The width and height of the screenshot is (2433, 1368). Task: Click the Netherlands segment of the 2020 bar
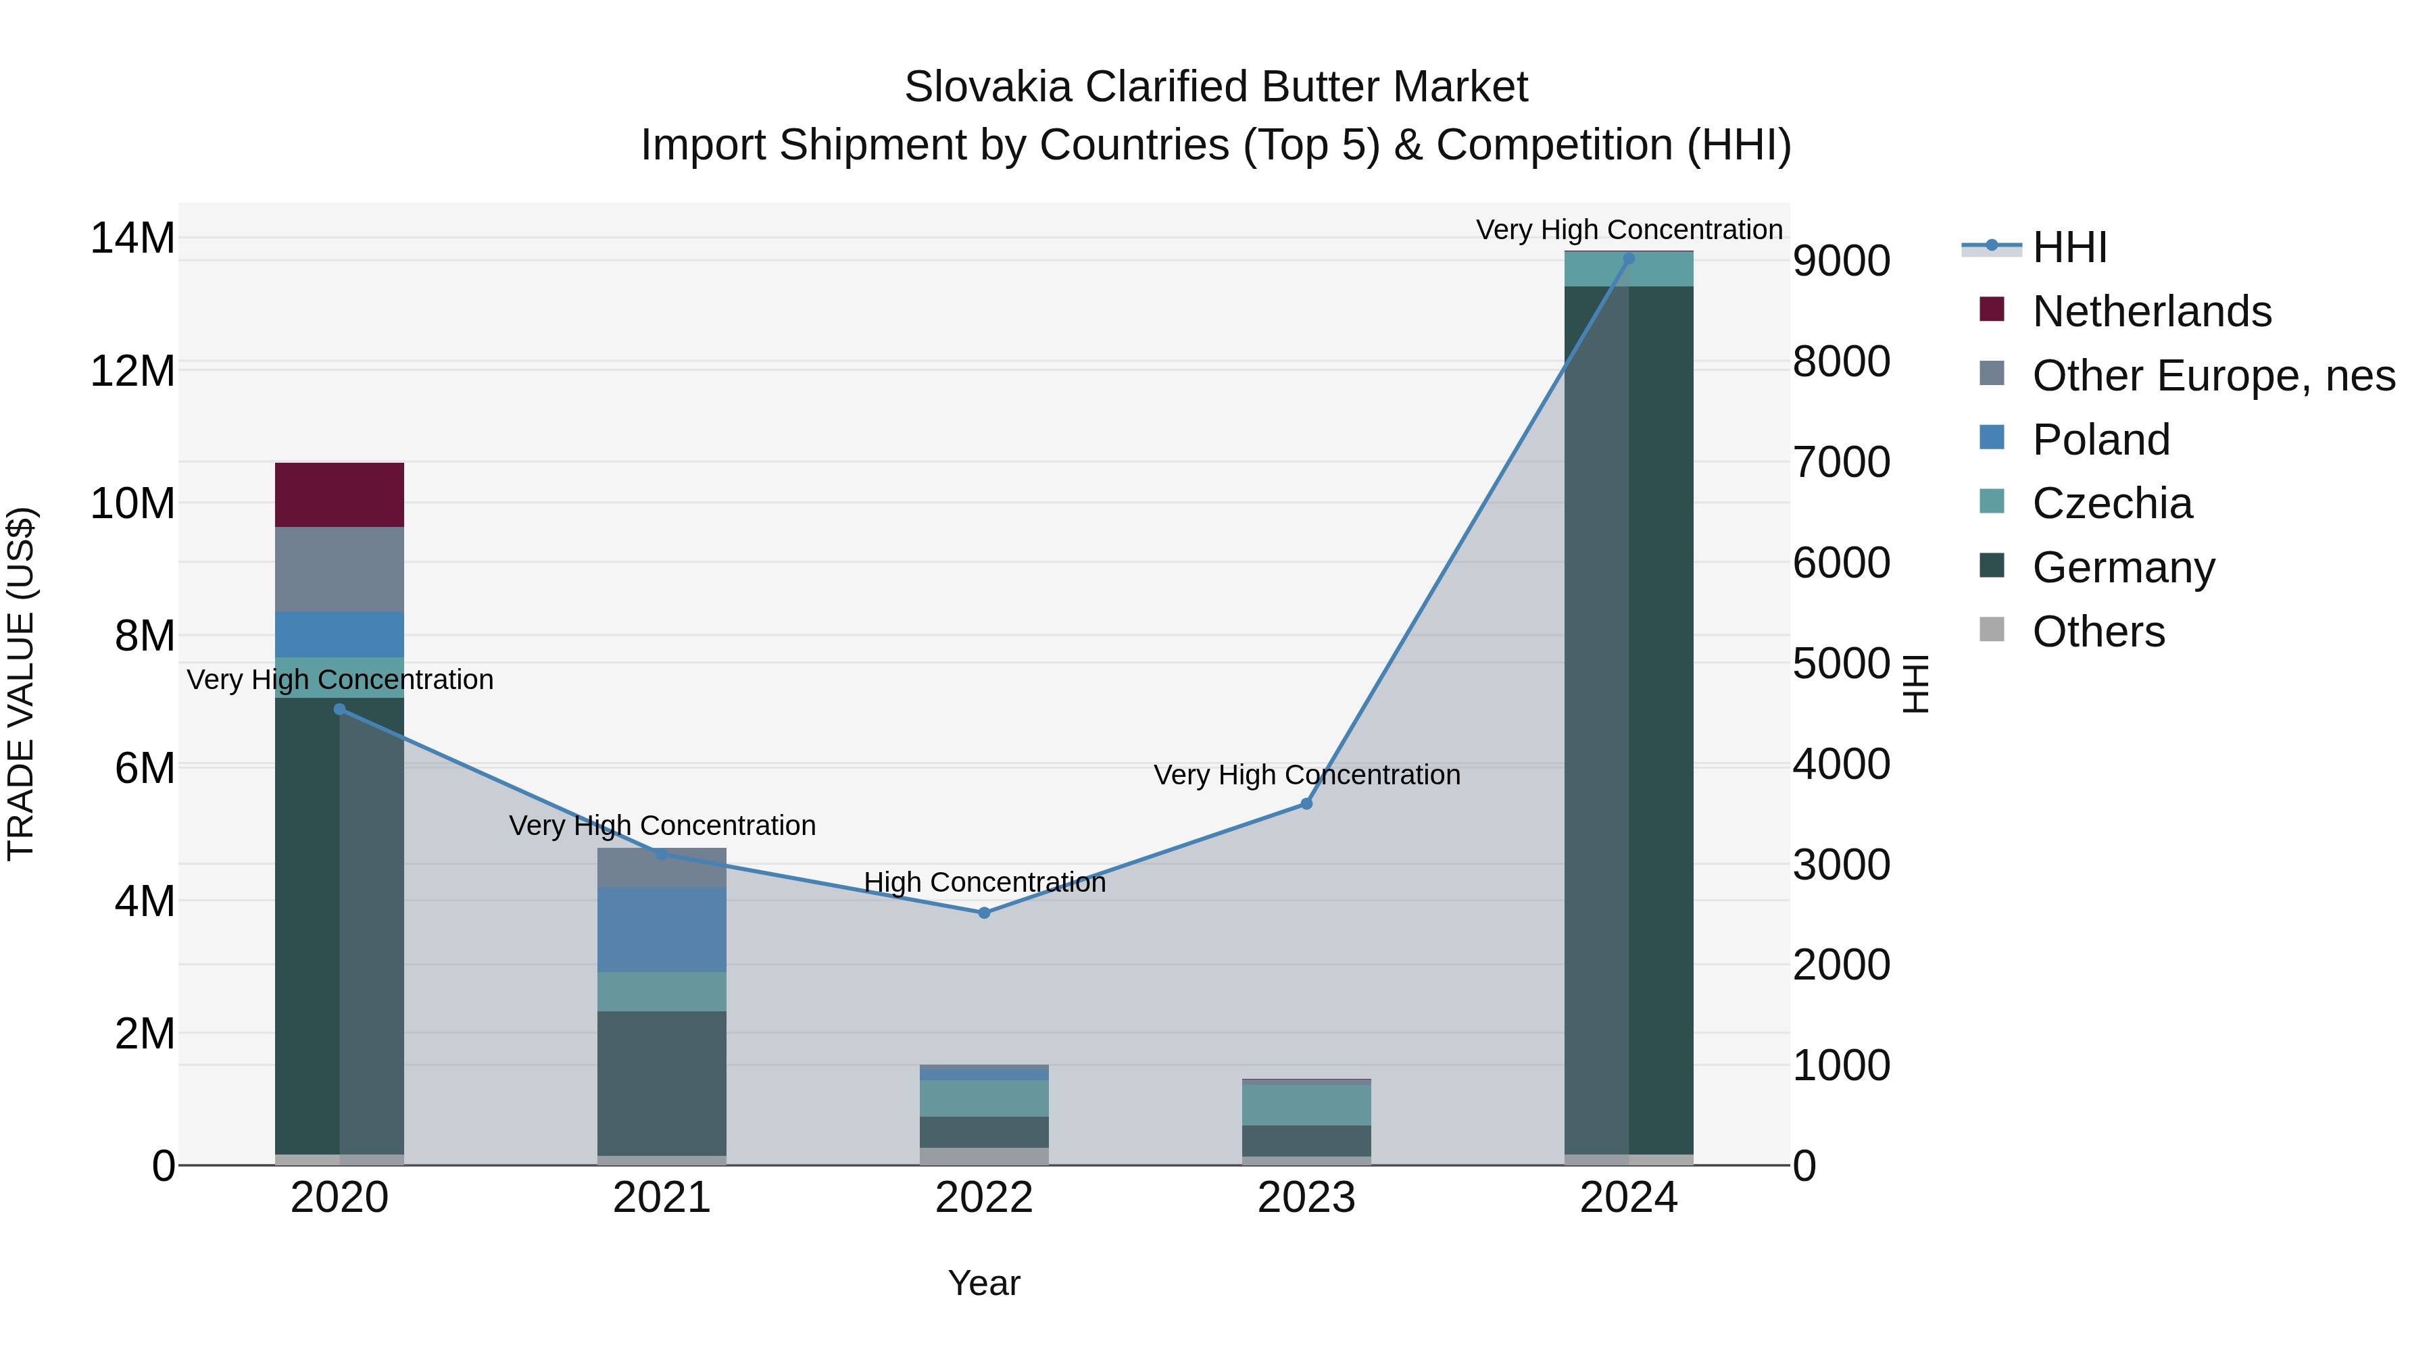point(339,495)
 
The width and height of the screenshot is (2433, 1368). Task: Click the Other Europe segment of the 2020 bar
point(339,569)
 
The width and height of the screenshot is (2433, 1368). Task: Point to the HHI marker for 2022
point(984,913)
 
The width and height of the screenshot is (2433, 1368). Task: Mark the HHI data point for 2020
point(339,709)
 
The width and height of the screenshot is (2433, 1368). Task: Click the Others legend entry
point(2098,632)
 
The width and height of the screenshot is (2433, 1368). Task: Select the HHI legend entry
point(2069,247)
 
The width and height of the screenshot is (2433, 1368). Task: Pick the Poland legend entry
point(2100,440)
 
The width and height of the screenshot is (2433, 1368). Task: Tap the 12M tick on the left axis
point(132,371)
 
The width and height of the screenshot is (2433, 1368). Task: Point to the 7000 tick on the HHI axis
point(1841,463)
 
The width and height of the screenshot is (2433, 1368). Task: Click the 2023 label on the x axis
point(1306,1198)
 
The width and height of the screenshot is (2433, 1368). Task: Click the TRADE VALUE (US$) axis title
point(21,684)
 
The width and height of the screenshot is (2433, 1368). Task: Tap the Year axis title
point(984,1283)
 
